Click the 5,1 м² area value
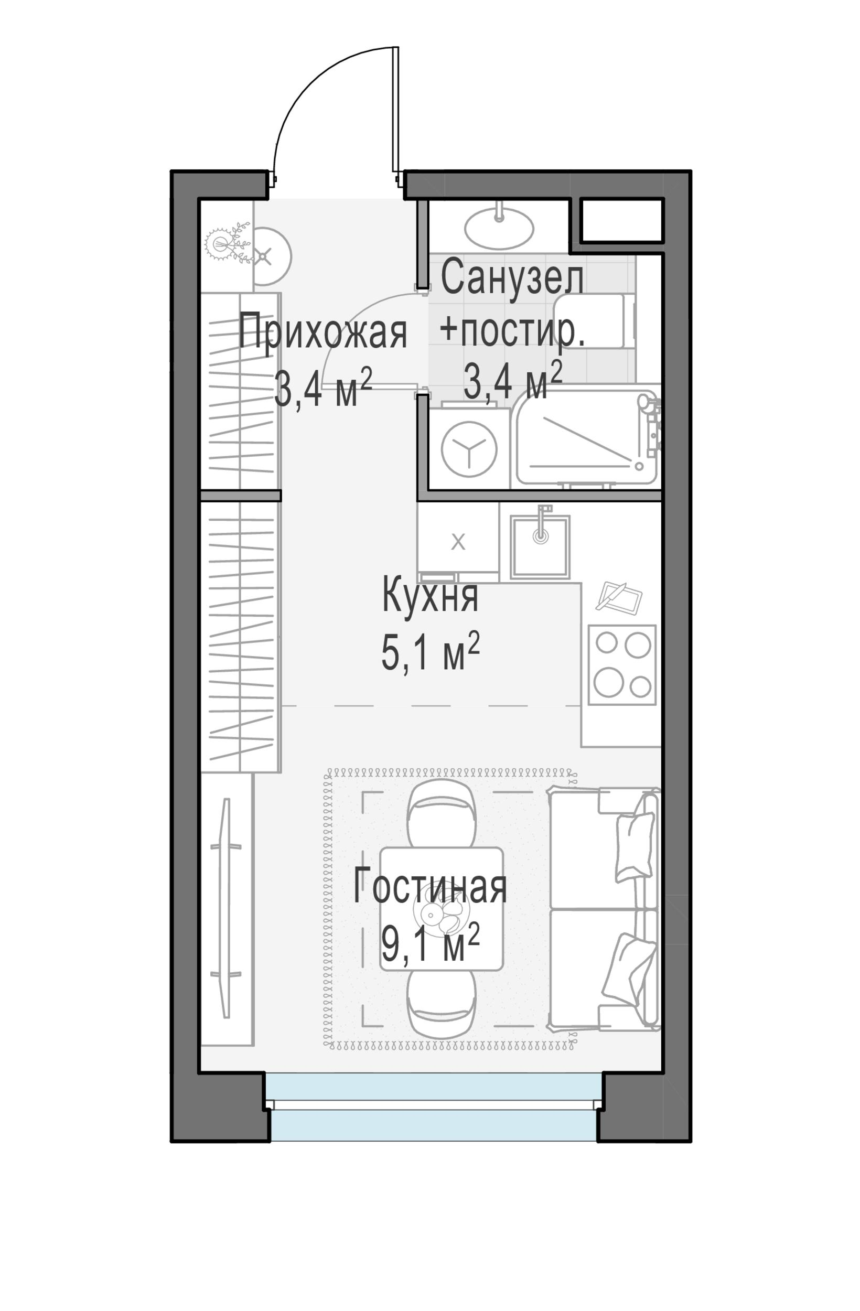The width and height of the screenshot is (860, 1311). (431, 652)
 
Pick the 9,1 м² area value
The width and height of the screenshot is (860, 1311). (431, 941)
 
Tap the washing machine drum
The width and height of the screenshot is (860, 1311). (469, 449)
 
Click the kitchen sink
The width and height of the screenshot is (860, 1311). (540, 547)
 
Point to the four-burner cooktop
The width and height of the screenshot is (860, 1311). (622, 665)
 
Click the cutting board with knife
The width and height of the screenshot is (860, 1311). (619, 597)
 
